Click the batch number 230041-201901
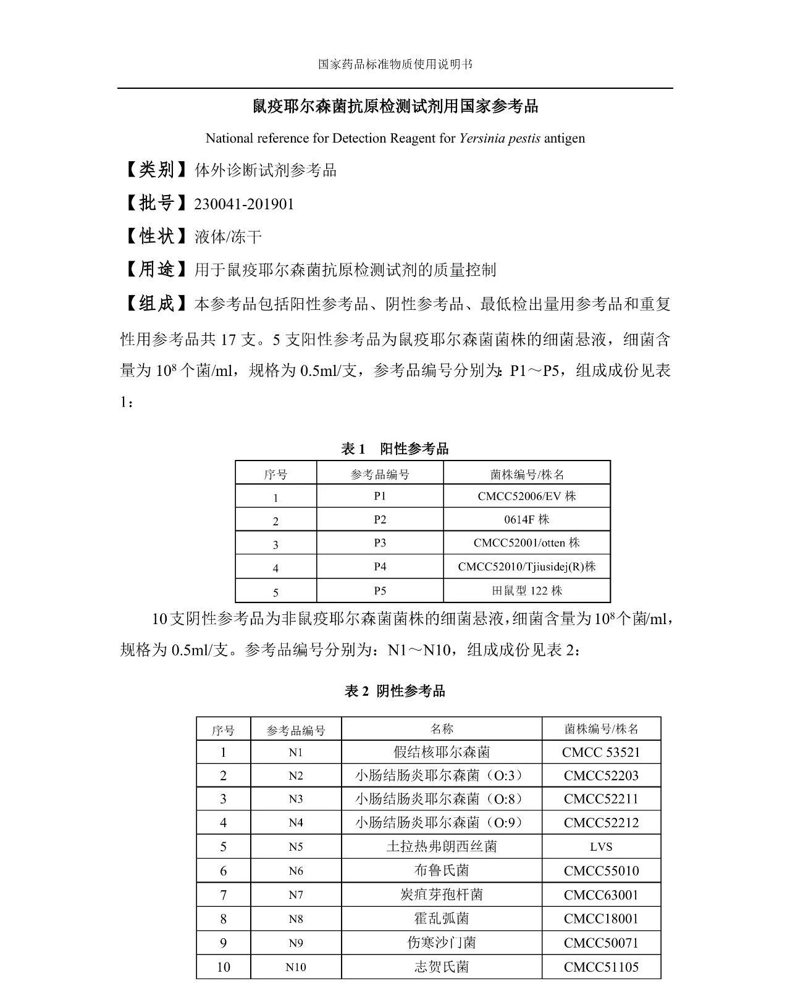[x=244, y=204]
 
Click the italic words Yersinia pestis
[x=500, y=138]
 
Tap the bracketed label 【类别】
[x=154, y=170]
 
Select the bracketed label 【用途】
[x=154, y=269]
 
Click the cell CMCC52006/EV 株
[x=526, y=496]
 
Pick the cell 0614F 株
[x=526, y=520]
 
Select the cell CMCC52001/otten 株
[x=526, y=543]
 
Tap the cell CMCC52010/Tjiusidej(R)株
[x=526, y=567]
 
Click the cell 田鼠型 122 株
[x=526, y=591]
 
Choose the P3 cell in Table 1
[x=380, y=543]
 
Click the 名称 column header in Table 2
[x=442, y=729]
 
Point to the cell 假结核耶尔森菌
[x=442, y=752]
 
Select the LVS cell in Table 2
[x=601, y=847]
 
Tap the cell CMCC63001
[x=601, y=894]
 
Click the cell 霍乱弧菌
[x=442, y=919]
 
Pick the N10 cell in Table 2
[x=296, y=967]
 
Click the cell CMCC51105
[x=601, y=967]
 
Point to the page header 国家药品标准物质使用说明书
[x=395, y=64]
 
